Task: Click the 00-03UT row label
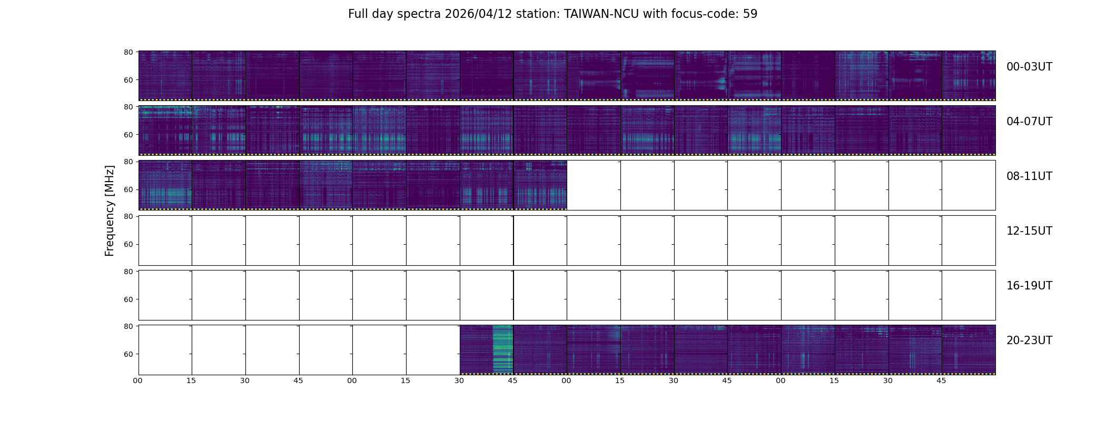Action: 1029,67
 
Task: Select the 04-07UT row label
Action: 1029,122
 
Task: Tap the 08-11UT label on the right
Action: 1029,176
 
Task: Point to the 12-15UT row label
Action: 1029,231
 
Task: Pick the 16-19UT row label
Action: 1029,286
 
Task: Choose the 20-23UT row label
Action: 1029,340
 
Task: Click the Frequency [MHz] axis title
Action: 110,210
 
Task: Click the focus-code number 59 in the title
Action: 750,14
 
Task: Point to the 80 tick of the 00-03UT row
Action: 128,52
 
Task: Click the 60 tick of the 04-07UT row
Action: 128,135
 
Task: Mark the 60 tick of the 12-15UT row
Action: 128,244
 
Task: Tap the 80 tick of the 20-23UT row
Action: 128,326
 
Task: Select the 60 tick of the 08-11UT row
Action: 128,189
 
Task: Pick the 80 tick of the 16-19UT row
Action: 128,272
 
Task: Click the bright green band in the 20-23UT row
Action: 502,349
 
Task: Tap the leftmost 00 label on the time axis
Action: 137,380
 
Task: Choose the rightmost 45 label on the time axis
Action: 941,380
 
